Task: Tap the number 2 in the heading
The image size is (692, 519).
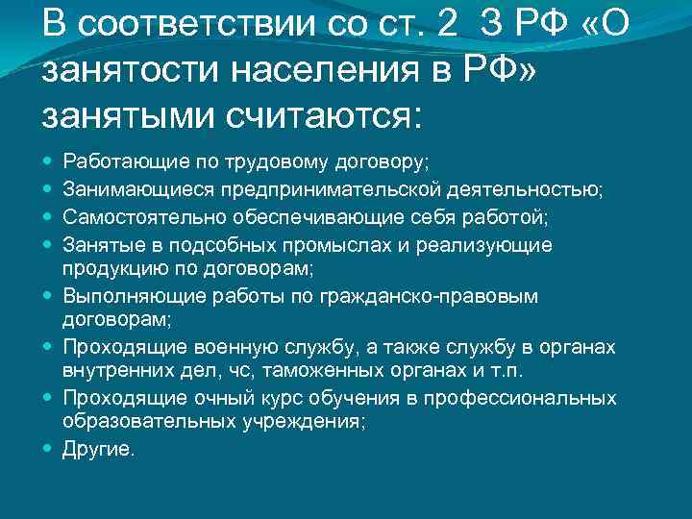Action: (x=448, y=25)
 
